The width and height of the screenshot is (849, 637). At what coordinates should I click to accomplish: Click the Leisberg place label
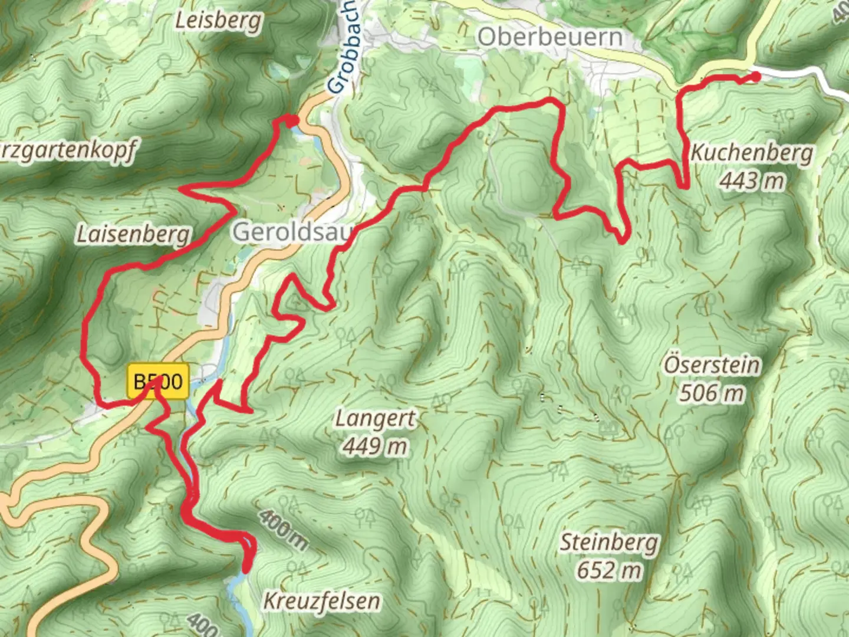[x=219, y=21]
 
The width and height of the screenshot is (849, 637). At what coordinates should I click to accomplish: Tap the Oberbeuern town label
[x=549, y=37]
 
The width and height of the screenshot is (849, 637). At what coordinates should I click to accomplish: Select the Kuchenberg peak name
[x=751, y=153]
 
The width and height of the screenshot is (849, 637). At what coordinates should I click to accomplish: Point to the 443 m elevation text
[x=751, y=180]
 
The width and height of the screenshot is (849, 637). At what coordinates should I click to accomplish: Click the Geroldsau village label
[x=293, y=232]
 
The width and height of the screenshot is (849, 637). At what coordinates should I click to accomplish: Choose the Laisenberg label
[x=134, y=234]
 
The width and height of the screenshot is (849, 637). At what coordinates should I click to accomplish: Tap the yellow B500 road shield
[x=158, y=382]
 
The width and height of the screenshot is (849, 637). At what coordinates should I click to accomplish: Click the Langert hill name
[x=376, y=419]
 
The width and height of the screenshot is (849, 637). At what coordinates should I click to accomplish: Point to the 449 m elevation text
[x=376, y=446]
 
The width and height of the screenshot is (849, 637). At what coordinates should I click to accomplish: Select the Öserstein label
[x=712, y=365]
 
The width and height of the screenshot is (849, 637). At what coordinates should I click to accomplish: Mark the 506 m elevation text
[x=712, y=392]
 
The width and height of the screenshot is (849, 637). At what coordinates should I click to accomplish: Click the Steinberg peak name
[x=608, y=543]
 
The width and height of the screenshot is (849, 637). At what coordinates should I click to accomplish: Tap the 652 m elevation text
[x=608, y=570]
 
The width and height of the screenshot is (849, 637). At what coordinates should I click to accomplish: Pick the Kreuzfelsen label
[x=321, y=602]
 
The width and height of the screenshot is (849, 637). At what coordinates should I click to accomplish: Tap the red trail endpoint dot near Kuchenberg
[x=755, y=75]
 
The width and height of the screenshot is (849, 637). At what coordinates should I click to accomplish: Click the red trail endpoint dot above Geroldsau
[x=293, y=121]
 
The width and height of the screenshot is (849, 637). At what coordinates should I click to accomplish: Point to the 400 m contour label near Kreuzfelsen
[x=283, y=529]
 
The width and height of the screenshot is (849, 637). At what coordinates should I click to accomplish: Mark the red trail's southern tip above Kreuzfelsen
[x=246, y=569]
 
